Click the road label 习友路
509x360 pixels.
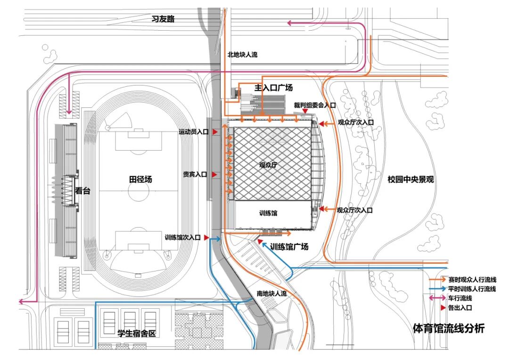click(x=163, y=19)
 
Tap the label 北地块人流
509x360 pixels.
click(x=243, y=55)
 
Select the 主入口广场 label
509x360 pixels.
click(x=273, y=87)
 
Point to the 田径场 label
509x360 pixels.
click(x=140, y=179)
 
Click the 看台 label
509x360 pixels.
click(x=82, y=190)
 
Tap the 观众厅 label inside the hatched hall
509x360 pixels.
click(x=268, y=165)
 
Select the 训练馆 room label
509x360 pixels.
click(x=268, y=213)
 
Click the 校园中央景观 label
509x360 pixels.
click(x=410, y=180)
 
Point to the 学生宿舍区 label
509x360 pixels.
click(x=137, y=334)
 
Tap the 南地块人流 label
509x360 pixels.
click(x=272, y=294)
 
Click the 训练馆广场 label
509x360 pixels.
click(x=289, y=247)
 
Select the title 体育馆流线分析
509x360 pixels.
click(x=449, y=328)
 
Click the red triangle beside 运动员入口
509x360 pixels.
click(x=214, y=131)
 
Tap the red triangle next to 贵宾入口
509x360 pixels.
click(x=214, y=175)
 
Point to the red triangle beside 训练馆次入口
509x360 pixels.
click(x=206, y=238)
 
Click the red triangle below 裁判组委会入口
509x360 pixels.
click(x=305, y=111)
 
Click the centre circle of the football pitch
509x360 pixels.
click(x=139, y=191)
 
